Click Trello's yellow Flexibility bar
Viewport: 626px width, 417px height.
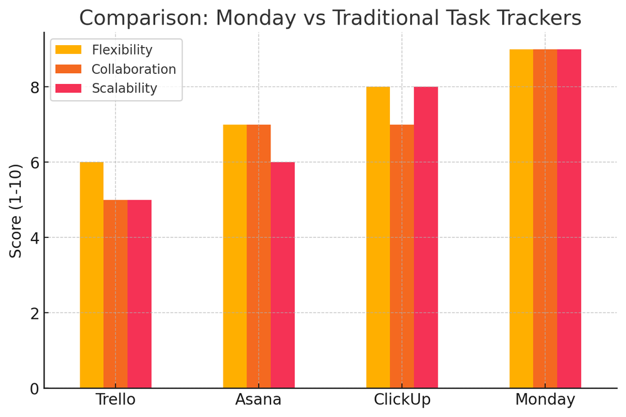click(91, 275)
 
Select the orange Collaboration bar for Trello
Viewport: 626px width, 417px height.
click(115, 294)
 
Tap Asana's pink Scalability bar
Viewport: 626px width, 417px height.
click(282, 275)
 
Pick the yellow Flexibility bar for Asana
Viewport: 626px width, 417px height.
click(235, 257)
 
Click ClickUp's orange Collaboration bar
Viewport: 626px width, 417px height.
click(402, 257)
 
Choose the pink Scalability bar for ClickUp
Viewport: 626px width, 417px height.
click(426, 238)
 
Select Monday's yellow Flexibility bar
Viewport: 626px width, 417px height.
click(521, 219)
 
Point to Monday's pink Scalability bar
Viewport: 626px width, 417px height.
click(569, 219)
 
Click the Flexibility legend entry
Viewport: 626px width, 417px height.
click(121, 49)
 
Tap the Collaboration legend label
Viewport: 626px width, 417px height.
click(133, 69)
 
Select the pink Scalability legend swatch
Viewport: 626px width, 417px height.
click(68, 88)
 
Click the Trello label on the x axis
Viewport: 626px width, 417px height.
click(115, 399)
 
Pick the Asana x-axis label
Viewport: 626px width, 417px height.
click(259, 399)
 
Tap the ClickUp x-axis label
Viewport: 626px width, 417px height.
click(402, 399)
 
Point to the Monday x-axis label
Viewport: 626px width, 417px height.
click(545, 399)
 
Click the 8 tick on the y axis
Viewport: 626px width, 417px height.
click(35, 87)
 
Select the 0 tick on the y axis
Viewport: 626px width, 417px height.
click(35, 389)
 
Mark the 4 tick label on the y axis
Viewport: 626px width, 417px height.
click(35, 238)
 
